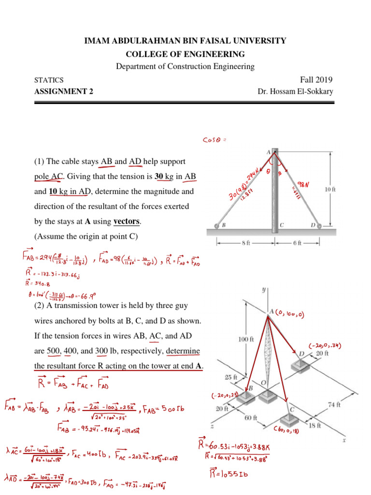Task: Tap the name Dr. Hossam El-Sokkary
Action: pos(296,91)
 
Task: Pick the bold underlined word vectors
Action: pos(127,222)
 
